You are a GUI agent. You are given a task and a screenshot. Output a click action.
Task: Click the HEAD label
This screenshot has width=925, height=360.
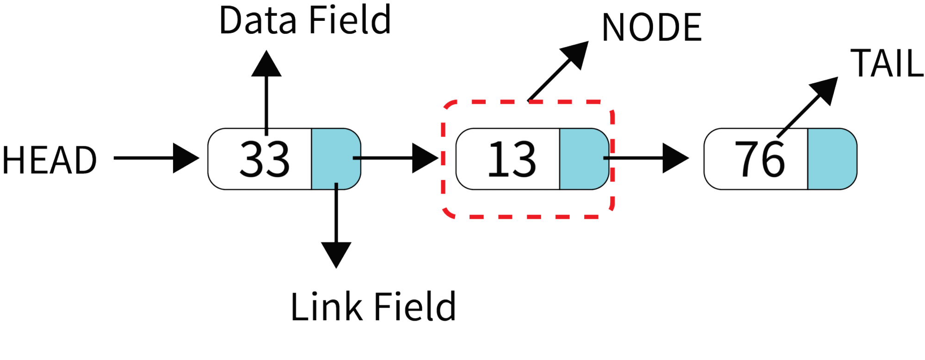point(49,160)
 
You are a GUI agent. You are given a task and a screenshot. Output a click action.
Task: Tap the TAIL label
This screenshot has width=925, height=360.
point(887,63)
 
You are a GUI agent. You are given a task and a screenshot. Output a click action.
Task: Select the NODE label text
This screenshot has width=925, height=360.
point(652,27)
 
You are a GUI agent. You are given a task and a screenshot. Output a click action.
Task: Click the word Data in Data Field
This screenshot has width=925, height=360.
point(257,20)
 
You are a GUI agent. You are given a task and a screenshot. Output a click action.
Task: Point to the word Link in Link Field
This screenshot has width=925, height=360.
point(326,306)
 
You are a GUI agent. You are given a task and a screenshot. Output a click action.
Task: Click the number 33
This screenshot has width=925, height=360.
point(264,159)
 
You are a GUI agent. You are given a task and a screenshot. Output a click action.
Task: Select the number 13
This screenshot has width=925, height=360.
point(512,159)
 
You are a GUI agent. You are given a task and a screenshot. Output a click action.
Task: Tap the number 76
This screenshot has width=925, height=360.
point(759,159)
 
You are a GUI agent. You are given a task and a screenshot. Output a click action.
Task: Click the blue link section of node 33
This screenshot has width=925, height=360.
point(336,159)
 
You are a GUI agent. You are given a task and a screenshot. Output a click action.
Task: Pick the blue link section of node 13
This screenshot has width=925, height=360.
point(584,159)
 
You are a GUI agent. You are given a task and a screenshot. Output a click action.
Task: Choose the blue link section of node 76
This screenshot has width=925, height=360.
point(832,159)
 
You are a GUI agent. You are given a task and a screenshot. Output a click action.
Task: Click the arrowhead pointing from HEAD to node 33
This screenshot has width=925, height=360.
point(185,158)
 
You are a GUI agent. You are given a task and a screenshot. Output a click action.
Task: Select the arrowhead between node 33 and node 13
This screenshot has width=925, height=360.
point(425,158)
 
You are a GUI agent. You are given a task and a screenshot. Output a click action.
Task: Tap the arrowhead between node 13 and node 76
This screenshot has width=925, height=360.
point(675,158)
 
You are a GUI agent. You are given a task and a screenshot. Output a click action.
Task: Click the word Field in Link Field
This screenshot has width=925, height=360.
point(415,306)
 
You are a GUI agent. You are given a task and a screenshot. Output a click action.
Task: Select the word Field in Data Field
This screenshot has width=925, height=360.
point(350,20)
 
